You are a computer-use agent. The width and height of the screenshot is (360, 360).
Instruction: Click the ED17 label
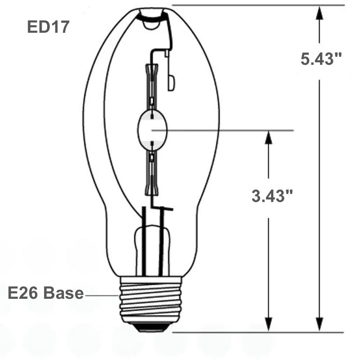point(48,27)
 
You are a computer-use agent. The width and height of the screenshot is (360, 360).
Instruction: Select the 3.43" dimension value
point(272,197)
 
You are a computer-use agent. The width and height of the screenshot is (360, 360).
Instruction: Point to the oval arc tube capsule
point(152,129)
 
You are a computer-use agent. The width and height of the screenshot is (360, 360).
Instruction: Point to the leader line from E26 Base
point(102,295)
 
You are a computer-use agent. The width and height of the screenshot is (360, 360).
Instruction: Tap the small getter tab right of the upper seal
point(171,83)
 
